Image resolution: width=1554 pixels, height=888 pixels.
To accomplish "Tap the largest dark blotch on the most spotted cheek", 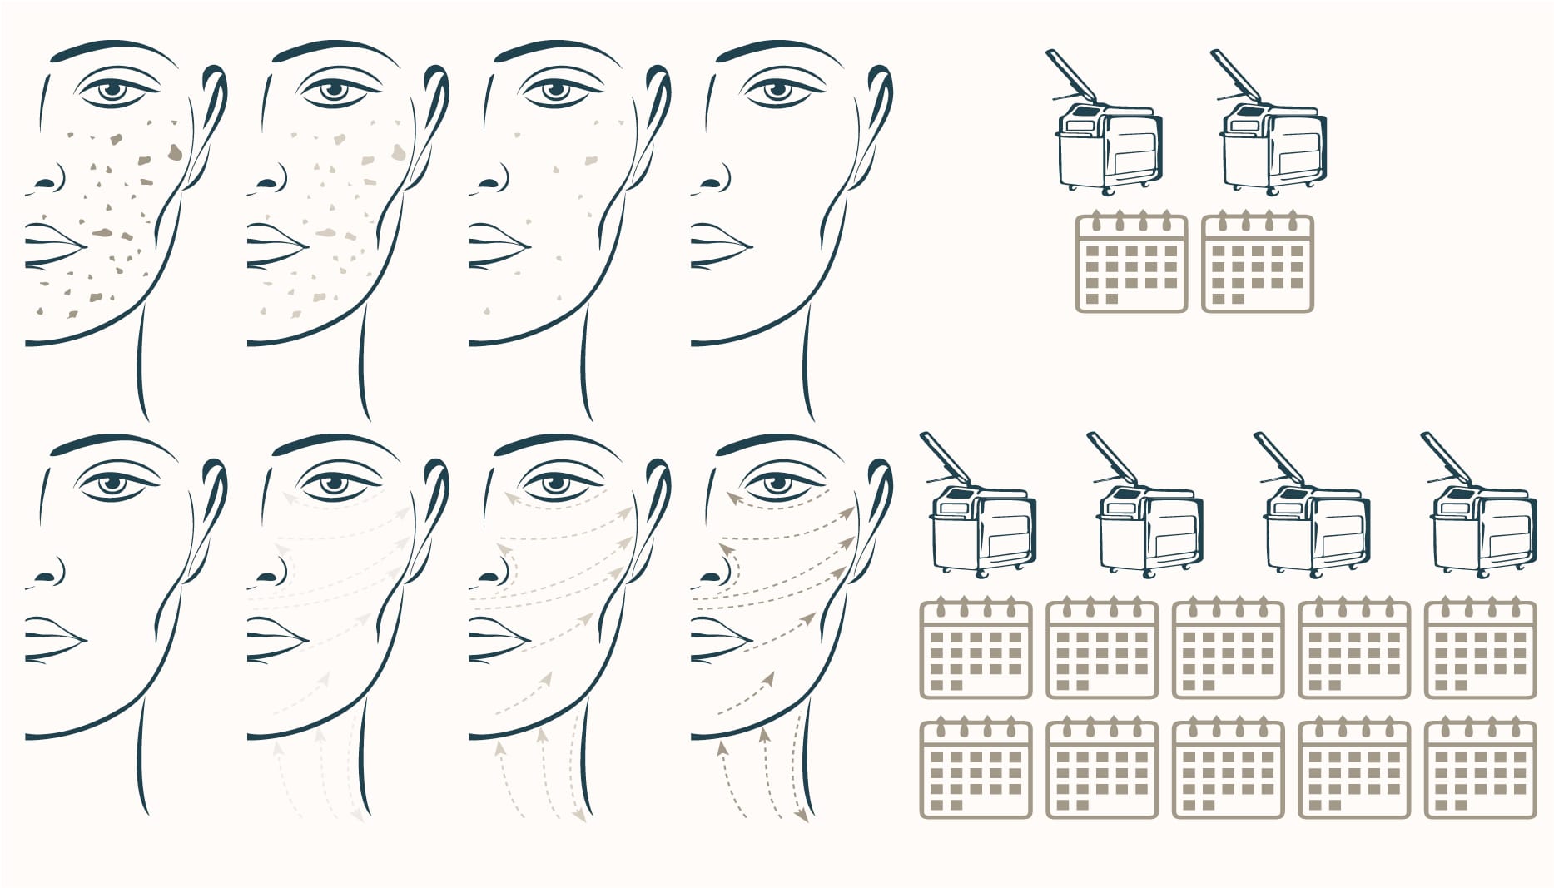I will (175, 151).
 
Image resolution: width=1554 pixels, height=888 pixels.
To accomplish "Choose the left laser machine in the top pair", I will (1108, 141).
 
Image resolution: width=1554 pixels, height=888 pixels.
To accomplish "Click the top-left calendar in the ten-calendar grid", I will (976, 650).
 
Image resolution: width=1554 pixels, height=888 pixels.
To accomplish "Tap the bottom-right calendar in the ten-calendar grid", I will (1480, 770).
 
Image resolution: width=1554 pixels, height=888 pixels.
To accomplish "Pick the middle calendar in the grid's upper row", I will (1228, 650).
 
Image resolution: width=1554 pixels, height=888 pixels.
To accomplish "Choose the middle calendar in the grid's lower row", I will (1228, 770).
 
